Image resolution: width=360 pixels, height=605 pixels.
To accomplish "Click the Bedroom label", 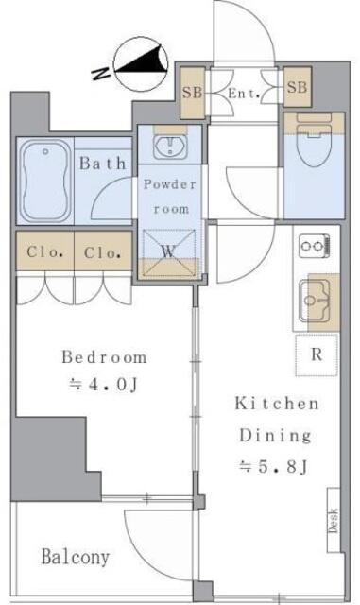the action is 104,357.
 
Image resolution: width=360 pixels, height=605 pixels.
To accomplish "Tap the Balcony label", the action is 76,557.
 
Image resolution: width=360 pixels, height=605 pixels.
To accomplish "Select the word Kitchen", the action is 277,404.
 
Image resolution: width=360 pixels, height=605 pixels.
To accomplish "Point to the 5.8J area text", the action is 273,467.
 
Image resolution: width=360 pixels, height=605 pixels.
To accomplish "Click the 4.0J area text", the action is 103,385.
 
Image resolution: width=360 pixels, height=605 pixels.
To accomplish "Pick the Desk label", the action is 334,521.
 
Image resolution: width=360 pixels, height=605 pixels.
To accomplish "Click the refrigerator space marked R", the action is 317,355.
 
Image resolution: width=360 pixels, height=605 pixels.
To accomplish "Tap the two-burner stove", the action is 315,246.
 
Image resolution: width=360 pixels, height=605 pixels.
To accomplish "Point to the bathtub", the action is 45,181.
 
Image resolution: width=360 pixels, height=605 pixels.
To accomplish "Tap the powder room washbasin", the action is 170,147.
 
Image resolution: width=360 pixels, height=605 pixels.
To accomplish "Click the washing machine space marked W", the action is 169,252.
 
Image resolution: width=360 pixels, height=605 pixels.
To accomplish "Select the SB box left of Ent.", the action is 192,93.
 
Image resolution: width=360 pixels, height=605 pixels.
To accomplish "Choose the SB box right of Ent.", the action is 297,87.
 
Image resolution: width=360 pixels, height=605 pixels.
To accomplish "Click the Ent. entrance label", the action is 244,93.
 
